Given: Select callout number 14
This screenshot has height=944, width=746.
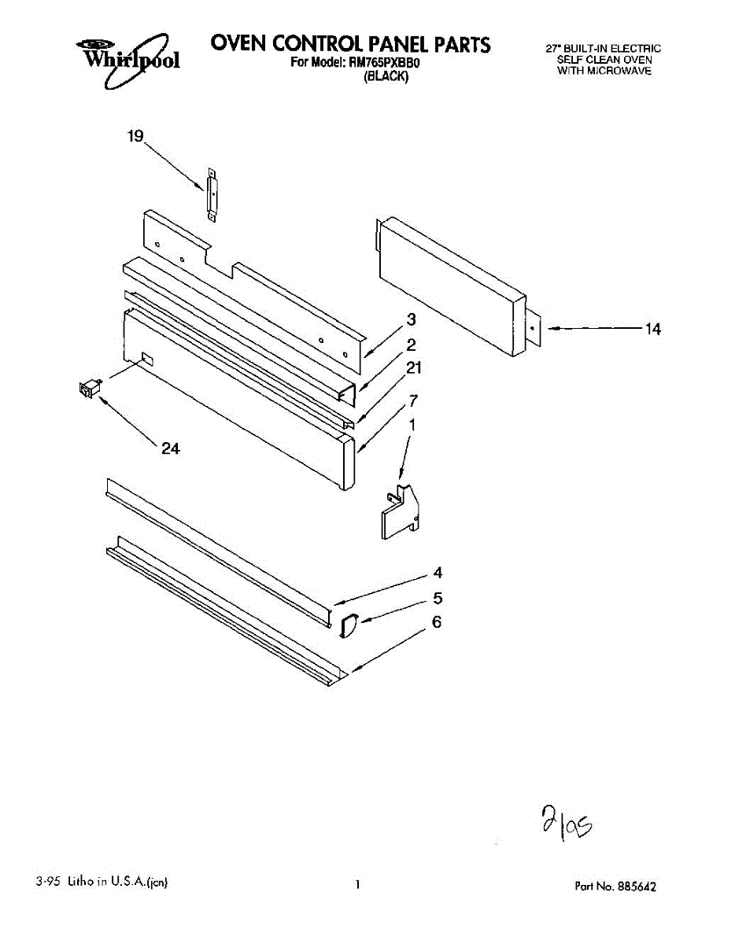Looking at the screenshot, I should (653, 330).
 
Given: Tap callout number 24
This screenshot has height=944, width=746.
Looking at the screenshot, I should (171, 448).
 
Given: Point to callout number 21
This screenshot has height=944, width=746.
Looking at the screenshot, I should (415, 367).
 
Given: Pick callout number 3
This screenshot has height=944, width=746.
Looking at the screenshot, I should (411, 319).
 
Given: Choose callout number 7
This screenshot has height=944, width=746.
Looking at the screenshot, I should (412, 400).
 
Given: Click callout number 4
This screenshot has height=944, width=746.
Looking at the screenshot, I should (438, 573).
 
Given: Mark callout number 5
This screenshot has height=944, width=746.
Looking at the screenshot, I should (438, 599).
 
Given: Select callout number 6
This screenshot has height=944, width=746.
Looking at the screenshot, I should (437, 622).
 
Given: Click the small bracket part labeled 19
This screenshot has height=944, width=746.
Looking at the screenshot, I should (211, 194).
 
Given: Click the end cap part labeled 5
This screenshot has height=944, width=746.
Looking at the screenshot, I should (347, 625).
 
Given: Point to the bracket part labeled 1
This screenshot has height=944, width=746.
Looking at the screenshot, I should (401, 513).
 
